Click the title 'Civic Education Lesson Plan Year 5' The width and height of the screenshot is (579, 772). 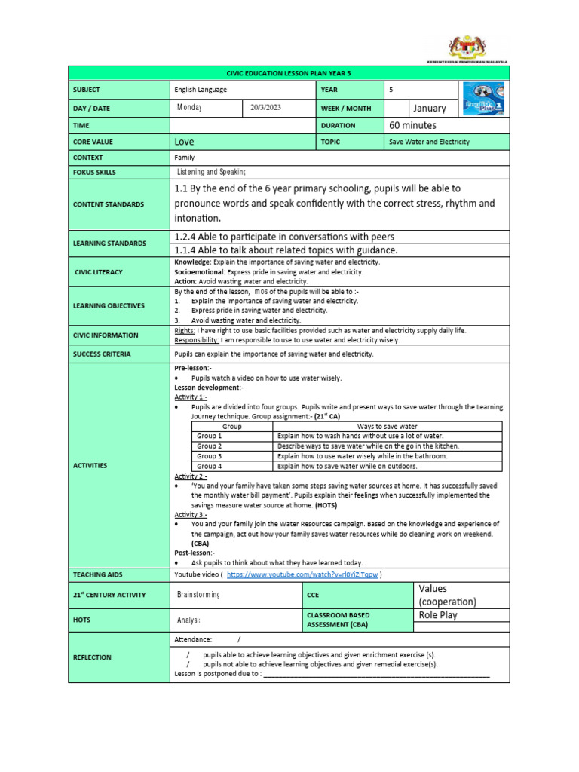pos(289,73)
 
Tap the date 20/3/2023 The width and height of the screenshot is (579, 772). pos(265,108)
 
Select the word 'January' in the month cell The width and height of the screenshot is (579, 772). pos(430,108)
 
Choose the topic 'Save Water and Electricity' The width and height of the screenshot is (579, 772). pos(428,142)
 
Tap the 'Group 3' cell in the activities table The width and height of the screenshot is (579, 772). pos(210,456)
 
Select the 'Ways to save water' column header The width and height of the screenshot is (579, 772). pos(387,427)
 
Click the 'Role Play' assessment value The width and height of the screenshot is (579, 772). pos(437,615)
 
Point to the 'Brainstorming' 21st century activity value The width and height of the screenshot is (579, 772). pos(198,595)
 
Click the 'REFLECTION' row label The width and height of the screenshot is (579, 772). pos(92,657)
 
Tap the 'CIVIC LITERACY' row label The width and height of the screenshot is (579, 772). pos(98,271)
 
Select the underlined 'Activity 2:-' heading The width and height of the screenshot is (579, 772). pos(191,476)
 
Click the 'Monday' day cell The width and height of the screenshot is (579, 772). pos(189,108)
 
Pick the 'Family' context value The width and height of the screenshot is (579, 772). pos(184,158)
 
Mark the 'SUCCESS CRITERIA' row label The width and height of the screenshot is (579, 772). pos(102,354)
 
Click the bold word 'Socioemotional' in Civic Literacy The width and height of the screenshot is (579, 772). pos(198,271)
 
